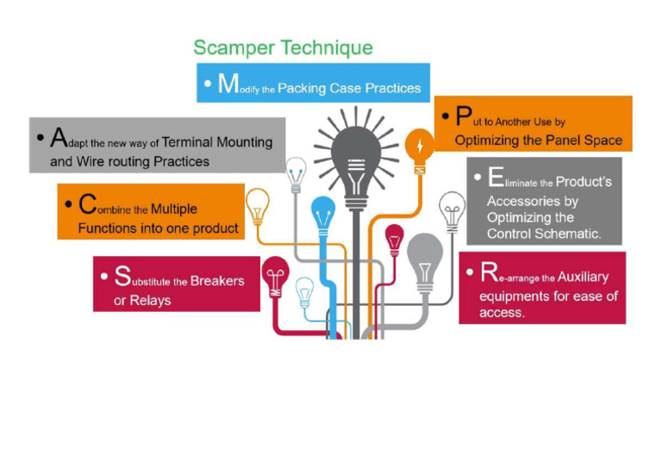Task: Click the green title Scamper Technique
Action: pyautogui.click(x=283, y=47)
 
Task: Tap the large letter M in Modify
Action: pyautogui.click(x=227, y=84)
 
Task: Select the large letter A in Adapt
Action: pyautogui.click(x=58, y=138)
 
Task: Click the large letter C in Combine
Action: pyautogui.click(x=87, y=205)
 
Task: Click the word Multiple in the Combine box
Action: pyautogui.click(x=174, y=209)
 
